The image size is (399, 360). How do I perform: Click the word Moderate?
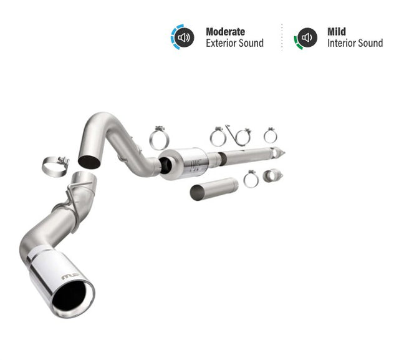click(x=225, y=31)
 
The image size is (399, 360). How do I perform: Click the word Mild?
click(x=337, y=31)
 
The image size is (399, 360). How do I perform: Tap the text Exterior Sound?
click(x=234, y=43)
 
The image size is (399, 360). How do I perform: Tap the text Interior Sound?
click(x=355, y=43)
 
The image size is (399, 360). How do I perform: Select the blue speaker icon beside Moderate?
click(x=183, y=37)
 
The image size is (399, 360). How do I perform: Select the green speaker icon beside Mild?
click(x=306, y=37)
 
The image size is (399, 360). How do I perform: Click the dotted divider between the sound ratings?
click(x=281, y=37)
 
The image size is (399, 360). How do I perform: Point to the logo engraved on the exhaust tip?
click(x=70, y=275)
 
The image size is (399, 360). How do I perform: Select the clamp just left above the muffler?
click(x=159, y=138)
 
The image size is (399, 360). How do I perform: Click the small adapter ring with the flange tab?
click(x=272, y=175)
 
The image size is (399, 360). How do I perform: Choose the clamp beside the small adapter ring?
click(x=251, y=179)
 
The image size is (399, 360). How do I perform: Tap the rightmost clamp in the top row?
click(x=270, y=135)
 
